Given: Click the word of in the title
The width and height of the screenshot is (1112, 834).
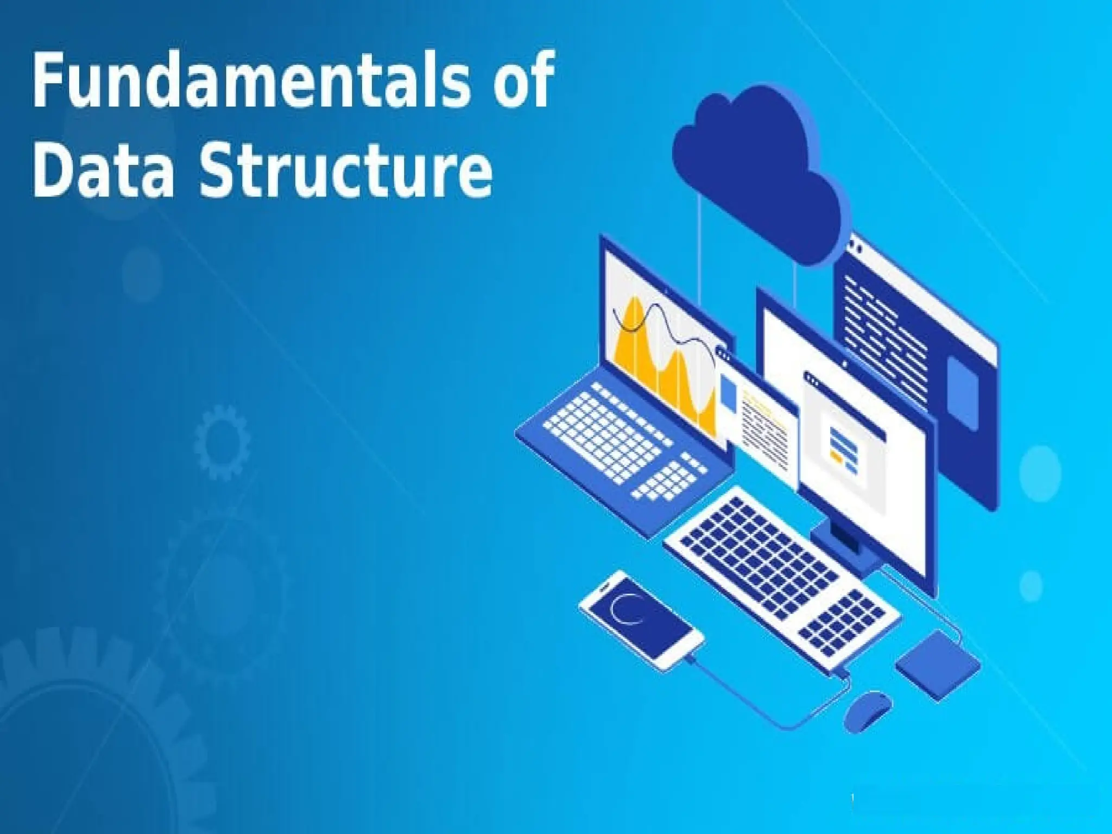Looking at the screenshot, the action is [x=522, y=81].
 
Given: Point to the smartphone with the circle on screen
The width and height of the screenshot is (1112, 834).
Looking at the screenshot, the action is [x=641, y=619].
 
